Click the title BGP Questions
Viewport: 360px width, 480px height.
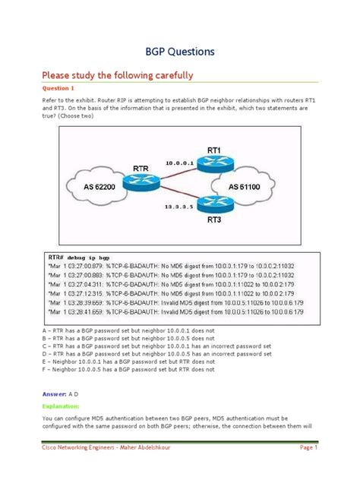tap(180, 52)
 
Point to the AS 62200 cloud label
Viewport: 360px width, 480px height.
tap(89, 185)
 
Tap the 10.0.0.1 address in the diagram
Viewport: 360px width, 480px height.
tap(179, 163)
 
